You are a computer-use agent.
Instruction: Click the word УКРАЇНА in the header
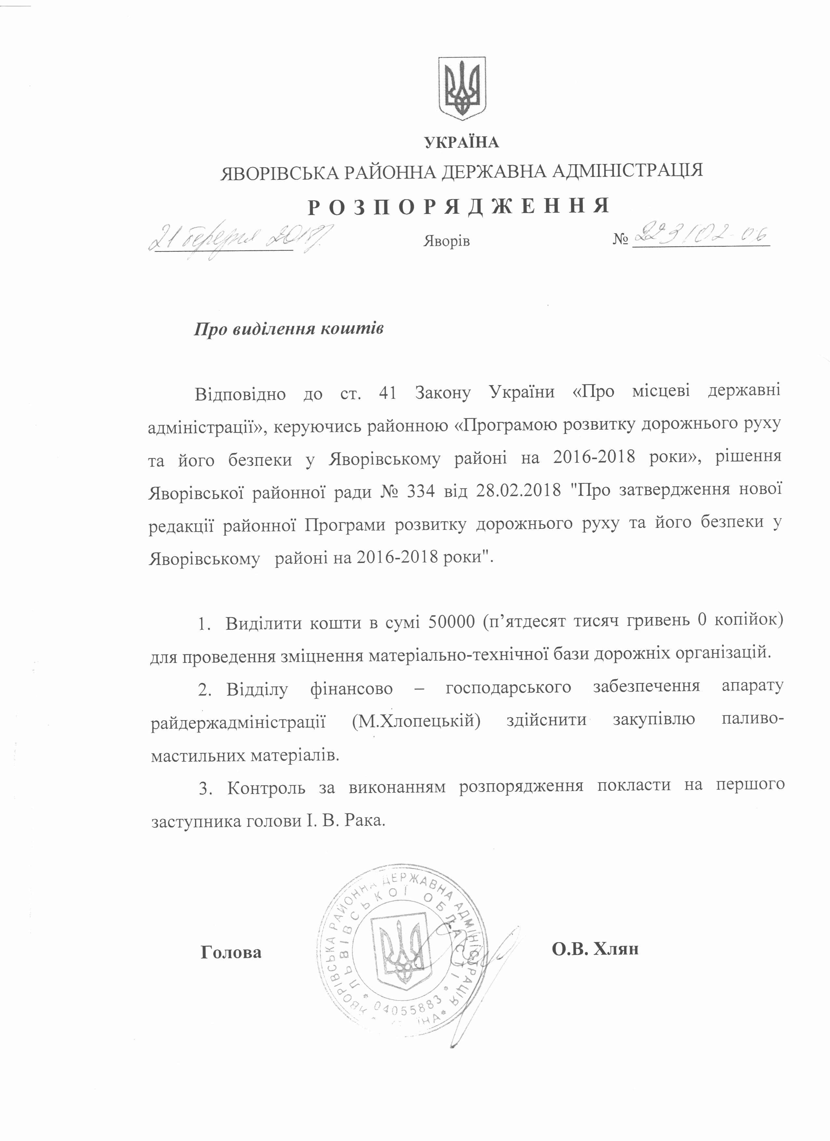(x=462, y=143)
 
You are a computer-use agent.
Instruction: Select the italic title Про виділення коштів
(x=289, y=329)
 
